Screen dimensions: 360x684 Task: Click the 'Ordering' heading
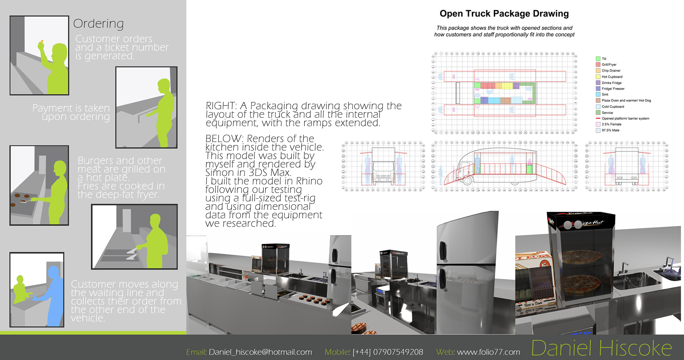point(98,24)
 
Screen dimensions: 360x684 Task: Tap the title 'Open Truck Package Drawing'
point(504,14)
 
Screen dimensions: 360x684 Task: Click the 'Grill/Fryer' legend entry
point(609,65)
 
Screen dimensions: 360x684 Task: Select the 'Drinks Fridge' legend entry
point(611,83)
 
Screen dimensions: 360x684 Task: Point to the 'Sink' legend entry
point(605,94)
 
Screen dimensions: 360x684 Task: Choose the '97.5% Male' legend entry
point(610,130)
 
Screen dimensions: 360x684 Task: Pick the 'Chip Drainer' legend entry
point(611,71)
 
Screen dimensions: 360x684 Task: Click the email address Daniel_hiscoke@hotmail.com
point(260,352)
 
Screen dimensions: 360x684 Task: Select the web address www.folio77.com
point(488,352)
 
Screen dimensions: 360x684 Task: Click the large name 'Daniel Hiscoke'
point(601,348)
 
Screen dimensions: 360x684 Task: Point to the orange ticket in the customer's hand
point(42,42)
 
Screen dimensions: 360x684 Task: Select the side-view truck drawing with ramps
point(504,167)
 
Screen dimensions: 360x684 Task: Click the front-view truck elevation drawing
point(383,167)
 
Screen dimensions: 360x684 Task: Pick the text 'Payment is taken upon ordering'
point(71,112)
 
